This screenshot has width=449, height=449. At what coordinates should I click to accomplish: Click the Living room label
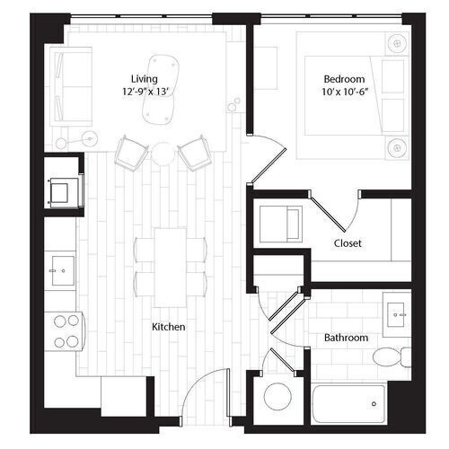click(145, 78)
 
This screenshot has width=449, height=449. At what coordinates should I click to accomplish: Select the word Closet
click(348, 243)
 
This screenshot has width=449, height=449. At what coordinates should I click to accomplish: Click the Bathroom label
click(346, 338)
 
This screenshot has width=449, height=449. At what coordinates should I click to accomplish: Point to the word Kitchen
click(168, 327)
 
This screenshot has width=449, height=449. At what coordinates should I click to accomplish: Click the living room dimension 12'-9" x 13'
click(145, 92)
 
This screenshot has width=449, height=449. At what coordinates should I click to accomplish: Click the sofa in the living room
click(73, 85)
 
